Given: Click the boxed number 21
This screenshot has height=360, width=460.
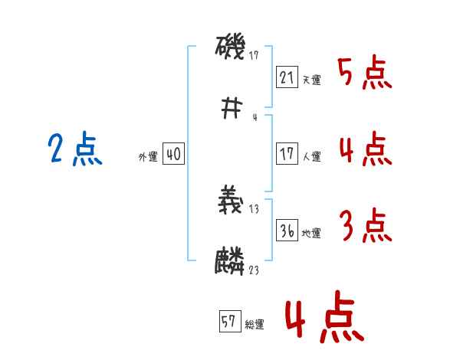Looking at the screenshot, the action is coord(286,77).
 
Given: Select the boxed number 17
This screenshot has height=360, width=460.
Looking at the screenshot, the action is coord(286,154).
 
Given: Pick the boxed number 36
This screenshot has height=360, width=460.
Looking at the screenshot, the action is coord(287,231).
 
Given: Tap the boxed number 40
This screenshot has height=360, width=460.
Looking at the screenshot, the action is coord(173,154).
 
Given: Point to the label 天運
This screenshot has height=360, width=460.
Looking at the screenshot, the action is coord(311,80).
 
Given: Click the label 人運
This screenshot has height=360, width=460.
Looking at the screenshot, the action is coord(311,156).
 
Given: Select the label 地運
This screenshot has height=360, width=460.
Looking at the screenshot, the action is coord(311,233).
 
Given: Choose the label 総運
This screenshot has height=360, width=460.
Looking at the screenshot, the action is coord(255,325).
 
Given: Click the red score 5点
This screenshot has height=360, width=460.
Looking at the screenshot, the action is coord(364,74).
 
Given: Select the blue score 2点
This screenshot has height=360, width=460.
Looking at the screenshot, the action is coord(75,149).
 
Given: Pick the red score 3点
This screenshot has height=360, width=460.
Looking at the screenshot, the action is coord(364,227).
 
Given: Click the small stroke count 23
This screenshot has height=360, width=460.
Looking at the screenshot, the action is coord(253,270).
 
